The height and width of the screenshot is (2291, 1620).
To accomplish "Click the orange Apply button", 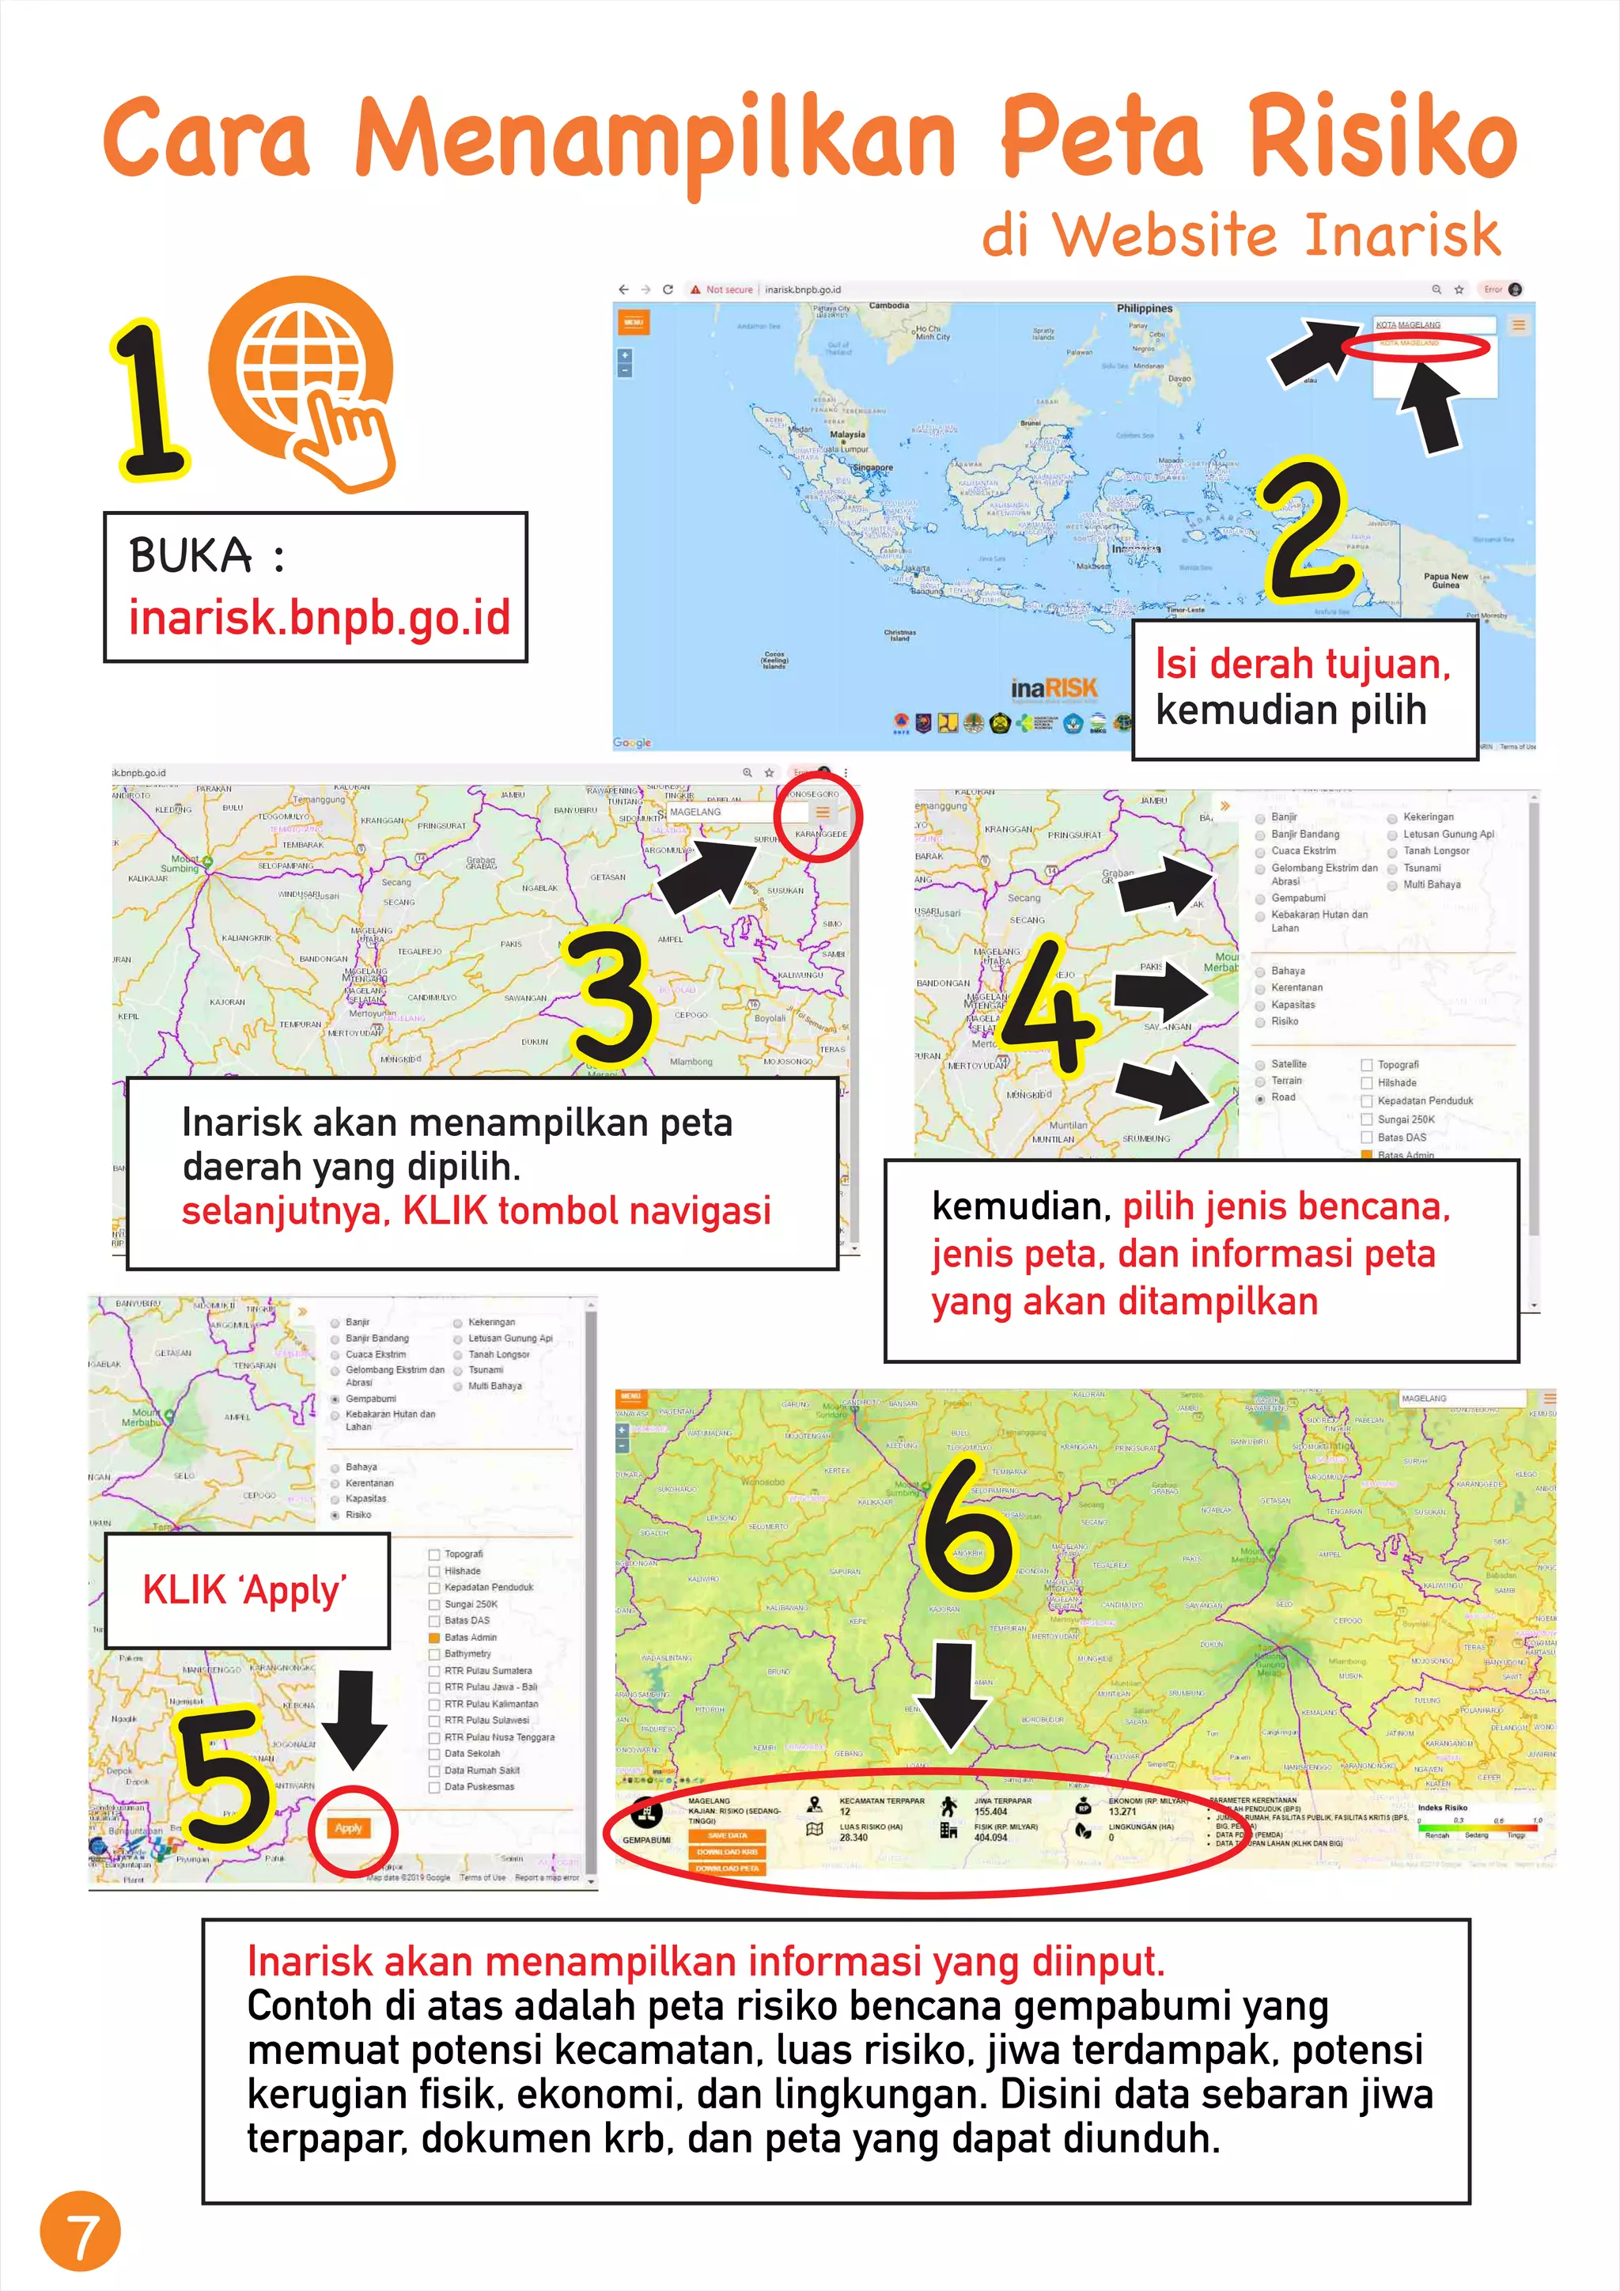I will [x=348, y=1828].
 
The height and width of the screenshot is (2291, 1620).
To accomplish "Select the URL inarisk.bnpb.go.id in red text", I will [x=320, y=616].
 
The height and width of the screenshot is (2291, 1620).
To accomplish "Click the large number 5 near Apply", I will [x=223, y=1776].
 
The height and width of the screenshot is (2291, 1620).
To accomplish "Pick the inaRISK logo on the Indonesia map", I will [x=1054, y=687].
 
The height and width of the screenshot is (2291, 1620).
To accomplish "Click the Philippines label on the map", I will [x=1144, y=309].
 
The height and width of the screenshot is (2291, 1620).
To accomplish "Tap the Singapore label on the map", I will [x=872, y=467].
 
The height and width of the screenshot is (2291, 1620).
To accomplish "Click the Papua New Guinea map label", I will [x=1445, y=580].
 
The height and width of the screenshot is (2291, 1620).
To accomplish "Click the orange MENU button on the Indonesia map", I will [x=634, y=322].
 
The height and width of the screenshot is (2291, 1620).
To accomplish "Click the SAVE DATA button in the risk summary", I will [x=727, y=1835].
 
